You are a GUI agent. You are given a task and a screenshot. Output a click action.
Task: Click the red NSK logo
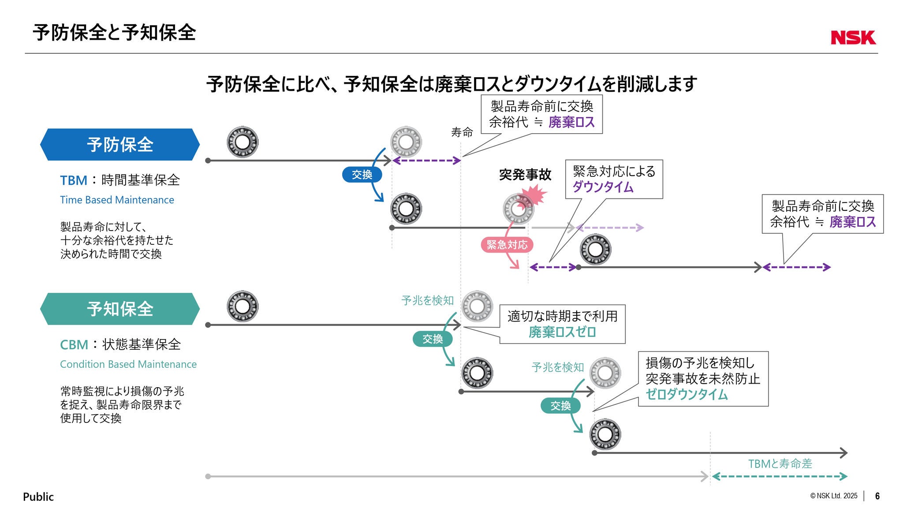click(x=853, y=37)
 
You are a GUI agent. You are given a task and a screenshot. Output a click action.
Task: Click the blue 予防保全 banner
click(x=120, y=145)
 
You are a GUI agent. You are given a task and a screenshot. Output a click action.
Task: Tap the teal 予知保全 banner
click(x=120, y=309)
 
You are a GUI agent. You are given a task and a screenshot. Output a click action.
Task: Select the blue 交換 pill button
click(x=362, y=175)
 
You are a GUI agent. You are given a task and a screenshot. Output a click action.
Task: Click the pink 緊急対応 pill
click(x=507, y=245)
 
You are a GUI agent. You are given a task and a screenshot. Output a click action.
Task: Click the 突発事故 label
click(x=525, y=175)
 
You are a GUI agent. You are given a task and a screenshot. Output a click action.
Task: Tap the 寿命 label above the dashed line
click(x=462, y=132)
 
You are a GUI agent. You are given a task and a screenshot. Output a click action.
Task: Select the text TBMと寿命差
click(x=780, y=463)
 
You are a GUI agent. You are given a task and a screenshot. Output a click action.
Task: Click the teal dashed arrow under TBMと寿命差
click(x=780, y=476)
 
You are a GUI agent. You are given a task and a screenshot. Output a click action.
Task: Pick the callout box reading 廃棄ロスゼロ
click(x=562, y=324)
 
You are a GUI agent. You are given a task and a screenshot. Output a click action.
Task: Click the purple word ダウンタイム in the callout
click(x=603, y=187)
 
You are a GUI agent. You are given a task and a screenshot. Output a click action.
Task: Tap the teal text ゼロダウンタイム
click(x=687, y=394)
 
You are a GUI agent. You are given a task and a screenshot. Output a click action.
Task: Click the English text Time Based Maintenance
click(x=117, y=200)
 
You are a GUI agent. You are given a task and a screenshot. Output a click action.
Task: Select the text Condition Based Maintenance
click(x=128, y=364)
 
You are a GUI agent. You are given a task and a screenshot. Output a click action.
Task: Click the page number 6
click(x=877, y=496)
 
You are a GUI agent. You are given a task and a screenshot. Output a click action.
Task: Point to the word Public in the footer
click(x=38, y=497)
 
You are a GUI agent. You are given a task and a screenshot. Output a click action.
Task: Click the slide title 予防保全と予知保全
click(x=114, y=33)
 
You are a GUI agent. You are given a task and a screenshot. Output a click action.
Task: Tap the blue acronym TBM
click(x=74, y=180)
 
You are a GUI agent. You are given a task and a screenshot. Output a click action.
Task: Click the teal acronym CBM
click(x=74, y=345)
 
